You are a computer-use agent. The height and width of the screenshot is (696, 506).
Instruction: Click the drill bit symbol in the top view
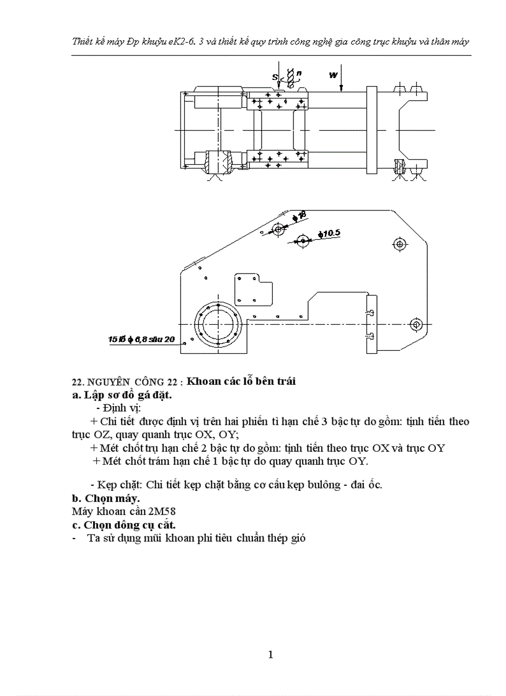(289, 76)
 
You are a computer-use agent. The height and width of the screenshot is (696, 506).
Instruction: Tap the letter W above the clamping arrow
(334, 75)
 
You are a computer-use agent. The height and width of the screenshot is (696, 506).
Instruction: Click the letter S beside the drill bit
(275, 77)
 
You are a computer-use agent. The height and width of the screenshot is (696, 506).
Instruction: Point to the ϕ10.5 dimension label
(329, 234)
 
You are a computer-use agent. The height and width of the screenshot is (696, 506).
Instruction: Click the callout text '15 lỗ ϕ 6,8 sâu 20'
(141, 340)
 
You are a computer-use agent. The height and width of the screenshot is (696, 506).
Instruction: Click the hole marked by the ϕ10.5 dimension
(303, 240)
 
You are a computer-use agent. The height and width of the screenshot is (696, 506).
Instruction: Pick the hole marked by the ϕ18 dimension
(278, 230)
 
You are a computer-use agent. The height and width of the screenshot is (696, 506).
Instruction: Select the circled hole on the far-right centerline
(415, 324)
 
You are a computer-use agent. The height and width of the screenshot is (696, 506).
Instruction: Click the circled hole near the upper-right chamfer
(399, 243)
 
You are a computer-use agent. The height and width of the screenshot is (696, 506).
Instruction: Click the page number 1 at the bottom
(270, 654)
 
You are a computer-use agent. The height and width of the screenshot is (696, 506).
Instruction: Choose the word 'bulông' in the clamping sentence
(320, 485)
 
